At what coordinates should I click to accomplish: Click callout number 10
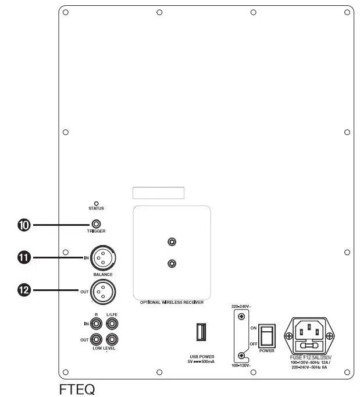tap(25, 224)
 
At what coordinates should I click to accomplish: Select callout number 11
tap(25, 256)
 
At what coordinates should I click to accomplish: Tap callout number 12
tap(25, 289)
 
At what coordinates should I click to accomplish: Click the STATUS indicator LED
tap(96, 203)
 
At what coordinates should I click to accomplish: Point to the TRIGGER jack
tap(97, 224)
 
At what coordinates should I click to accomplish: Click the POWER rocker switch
tap(266, 336)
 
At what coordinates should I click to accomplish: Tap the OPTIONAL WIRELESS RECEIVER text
tap(171, 303)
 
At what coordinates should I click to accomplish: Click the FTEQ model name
tap(76, 388)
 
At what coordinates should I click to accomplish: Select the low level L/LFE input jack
tap(112, 323)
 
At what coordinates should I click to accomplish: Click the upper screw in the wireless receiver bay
tap(172, 242)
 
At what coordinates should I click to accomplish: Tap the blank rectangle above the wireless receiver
tap(158, 193)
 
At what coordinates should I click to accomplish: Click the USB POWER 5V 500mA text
tap(201, 358)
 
